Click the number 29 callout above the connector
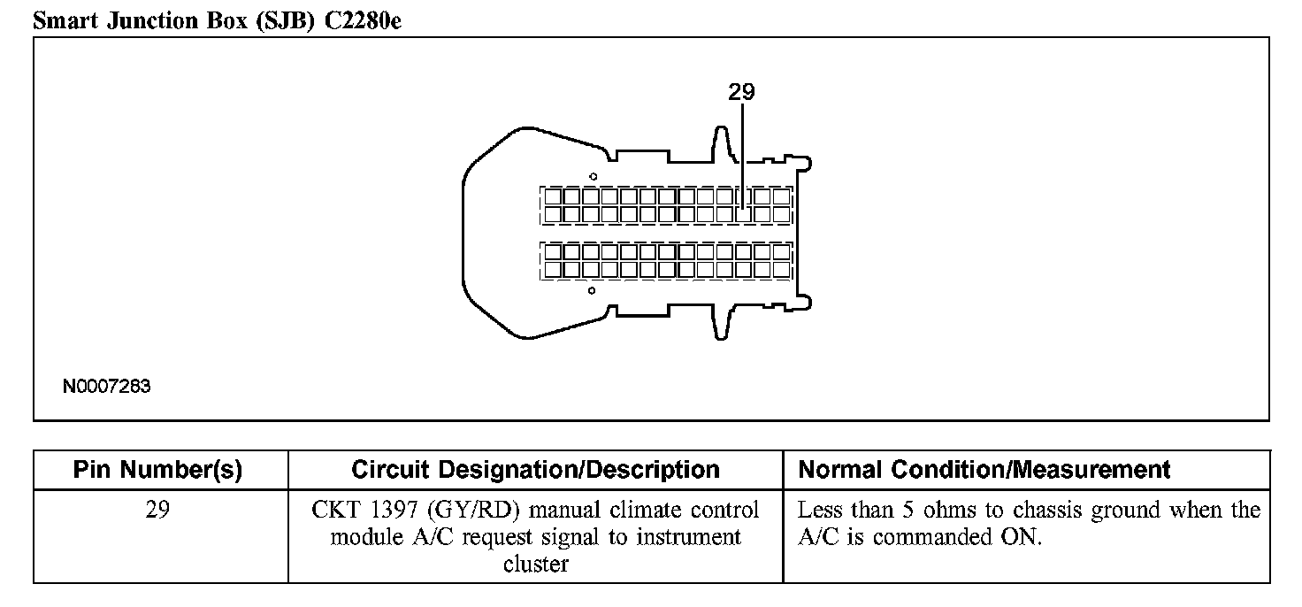tap(742, 91)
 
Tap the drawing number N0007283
tap(107, 387)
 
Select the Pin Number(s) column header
tap(157, 470)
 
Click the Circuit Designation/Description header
tap(535, 470)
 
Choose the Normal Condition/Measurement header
tap(984, 470)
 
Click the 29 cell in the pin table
tap(160, 511)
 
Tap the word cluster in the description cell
tap(535, 564)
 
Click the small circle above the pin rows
tap(594, 176)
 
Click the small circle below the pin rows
tap(592, 290)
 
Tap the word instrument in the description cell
tap(692, 537)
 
